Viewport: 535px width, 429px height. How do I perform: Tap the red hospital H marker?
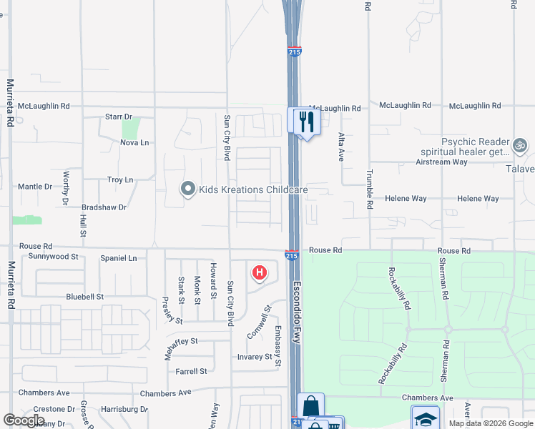[x=260, y=272]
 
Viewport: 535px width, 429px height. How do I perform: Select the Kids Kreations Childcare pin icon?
[x=188, y=189]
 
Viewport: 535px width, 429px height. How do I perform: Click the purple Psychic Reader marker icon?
[x=521, y=147]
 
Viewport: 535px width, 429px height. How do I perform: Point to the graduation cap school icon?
[x=425, y=418]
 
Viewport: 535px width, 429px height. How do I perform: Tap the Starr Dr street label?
[x=119, y=117]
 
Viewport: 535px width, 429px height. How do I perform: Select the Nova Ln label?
[x=134, y=142]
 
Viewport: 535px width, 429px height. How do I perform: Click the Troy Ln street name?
[x=120, y=180]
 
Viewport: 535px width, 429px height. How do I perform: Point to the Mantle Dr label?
[x=35, y=187]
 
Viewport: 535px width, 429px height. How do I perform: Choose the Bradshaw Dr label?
[x=104, y=207]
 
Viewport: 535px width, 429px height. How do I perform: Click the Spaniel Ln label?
[x=118, y=257]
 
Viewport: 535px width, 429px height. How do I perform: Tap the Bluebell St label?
[x=85, y=296]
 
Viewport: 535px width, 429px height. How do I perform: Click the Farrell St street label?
[x=191, y=371]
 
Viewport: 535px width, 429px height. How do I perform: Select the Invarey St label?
[x=255, y=357]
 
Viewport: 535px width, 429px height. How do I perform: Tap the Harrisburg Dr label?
[x=124, y=410]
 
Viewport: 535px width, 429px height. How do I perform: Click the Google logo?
[x=24, y=420]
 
